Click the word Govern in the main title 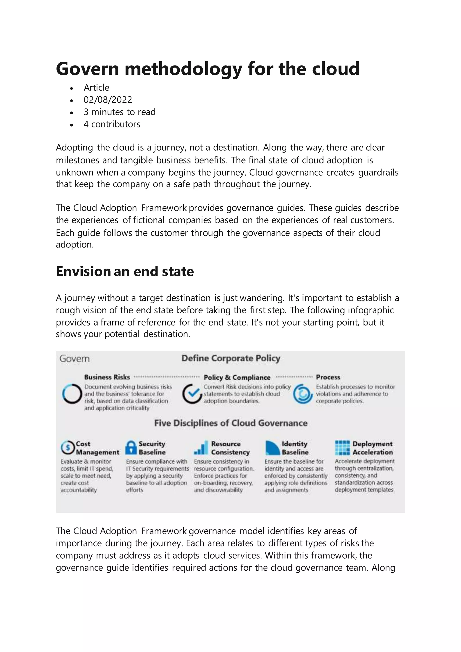(x=87, y=69)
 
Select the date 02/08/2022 (x=108, y=100)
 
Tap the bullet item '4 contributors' (x=112, y=124)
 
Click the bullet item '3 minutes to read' (x=120, y=112)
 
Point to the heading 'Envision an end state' (x=125, y=271)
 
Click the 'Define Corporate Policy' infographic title (x=230, y=358)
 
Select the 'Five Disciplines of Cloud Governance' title (x=230, y=423)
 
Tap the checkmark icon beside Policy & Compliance (x=192, y=394)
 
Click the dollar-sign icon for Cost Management (x=68, y=448)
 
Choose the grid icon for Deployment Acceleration (x=342, y=448)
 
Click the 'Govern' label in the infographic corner (x=74, y=359)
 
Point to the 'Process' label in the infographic (x=328, y=377)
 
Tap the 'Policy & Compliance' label (x=237, y=377)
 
